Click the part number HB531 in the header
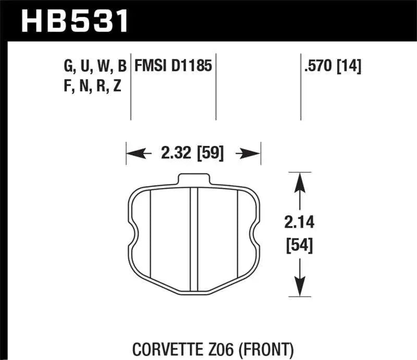point(73,21)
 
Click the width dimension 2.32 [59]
point(192,154)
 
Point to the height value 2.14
point(299,224)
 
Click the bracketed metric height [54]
point(299,244)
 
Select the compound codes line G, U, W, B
point(94,66)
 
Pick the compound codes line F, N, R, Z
point(92,86)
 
